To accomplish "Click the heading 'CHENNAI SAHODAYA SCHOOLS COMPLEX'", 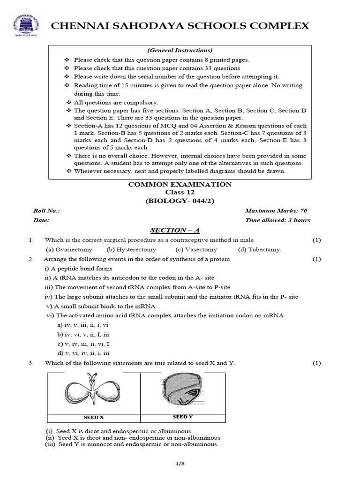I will click(180, 26).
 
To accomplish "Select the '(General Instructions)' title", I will click(180, 50).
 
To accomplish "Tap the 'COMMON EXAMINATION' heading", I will click(180, 184).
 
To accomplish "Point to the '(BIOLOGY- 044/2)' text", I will click(180, 201).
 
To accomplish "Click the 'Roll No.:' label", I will click(46, 211).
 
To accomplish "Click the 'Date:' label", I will click(41, 220).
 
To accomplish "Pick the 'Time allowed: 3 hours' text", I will click(277, 220).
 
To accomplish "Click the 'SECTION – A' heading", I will click(175, 230).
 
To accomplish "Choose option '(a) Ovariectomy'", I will click(69, 249).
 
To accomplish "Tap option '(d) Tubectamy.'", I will click(260, 249).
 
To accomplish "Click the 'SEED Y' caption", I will click(183, 417).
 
